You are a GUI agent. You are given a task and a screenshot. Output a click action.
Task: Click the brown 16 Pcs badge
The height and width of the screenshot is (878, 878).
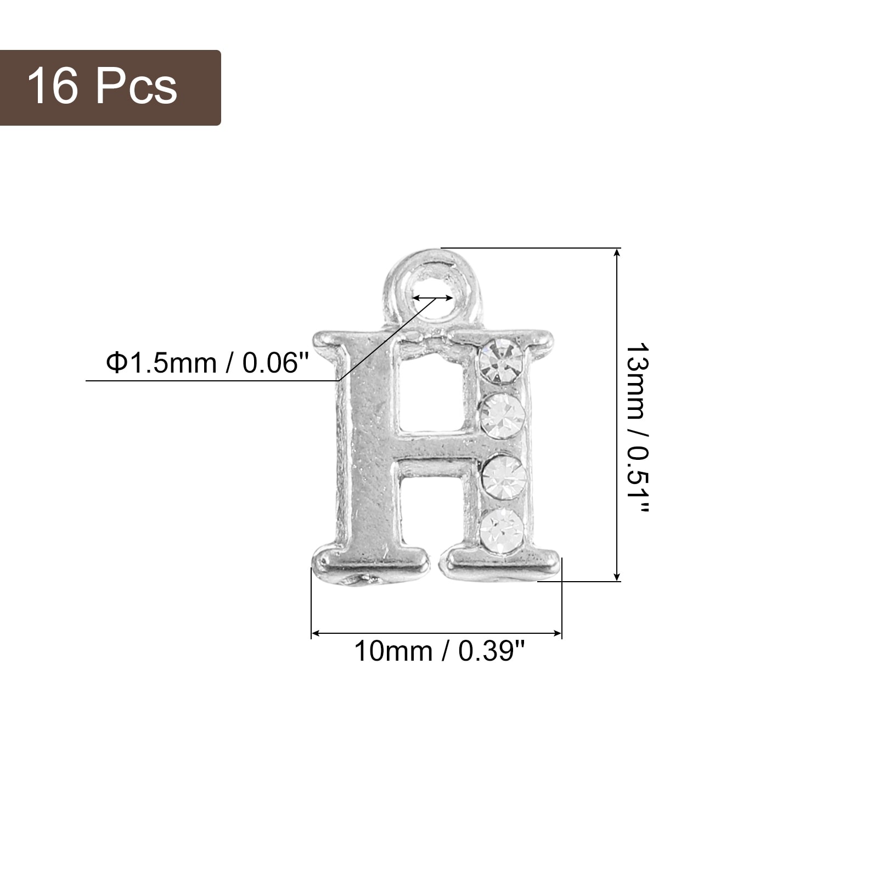pos(110,88)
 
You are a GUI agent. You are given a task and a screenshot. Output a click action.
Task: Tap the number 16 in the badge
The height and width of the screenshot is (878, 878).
pos(53,87)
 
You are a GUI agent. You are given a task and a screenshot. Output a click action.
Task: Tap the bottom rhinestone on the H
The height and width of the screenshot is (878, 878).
pos(502,531)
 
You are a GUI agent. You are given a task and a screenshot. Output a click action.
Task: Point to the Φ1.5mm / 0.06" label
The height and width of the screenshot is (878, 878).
pos(207,363)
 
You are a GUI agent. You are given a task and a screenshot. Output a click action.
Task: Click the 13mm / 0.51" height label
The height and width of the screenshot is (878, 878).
pos(637,428)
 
